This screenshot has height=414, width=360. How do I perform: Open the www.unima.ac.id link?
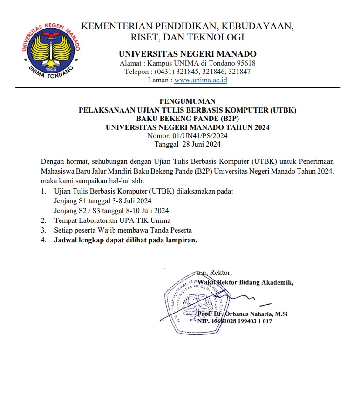(201, 80)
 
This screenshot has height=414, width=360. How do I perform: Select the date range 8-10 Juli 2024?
(142, 210)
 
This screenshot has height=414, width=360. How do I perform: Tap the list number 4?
(43, 240)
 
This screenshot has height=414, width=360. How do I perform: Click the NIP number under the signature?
(241, 321)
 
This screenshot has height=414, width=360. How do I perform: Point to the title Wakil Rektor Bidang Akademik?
(246, 282)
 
